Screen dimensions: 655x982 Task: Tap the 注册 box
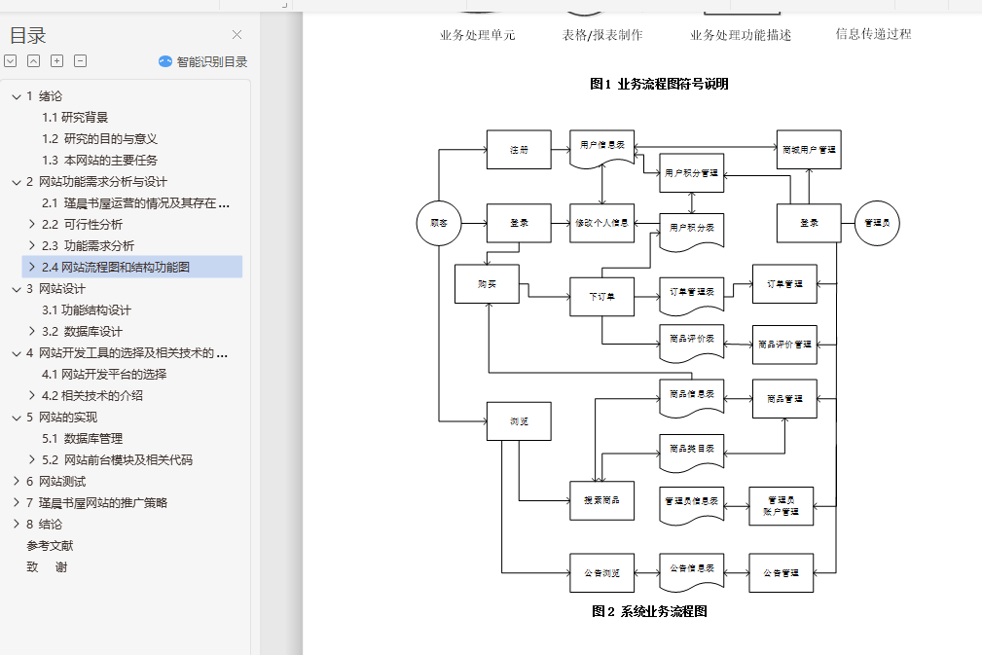click(x=519, y=150)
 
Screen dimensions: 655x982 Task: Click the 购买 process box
click(x=487, y=283)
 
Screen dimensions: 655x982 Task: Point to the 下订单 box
click(x=601, y=296)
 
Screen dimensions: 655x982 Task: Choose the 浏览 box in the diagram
click(x=519, y=421)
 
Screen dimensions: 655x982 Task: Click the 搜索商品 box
click(x=601, y=500)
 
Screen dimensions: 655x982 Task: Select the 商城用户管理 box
click(x=809, y=150)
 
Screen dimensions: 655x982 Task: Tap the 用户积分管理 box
click(x=691, y=173)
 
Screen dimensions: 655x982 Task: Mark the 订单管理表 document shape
click(x=691, y=292)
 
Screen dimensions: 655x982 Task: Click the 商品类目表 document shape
click(x=691, y=449)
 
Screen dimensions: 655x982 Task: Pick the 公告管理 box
click(x=781, y=572)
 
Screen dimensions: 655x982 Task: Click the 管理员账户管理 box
click(x=781, y=506)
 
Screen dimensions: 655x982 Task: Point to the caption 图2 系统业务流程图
click(x=649, y=611)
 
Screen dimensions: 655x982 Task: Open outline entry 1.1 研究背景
click(x=75, y=117)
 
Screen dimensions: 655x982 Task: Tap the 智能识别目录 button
click(x=203, y=61)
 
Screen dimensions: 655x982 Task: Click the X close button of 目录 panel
click(x=236, y=35)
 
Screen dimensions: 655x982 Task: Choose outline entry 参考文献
click(x=50, y=545)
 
